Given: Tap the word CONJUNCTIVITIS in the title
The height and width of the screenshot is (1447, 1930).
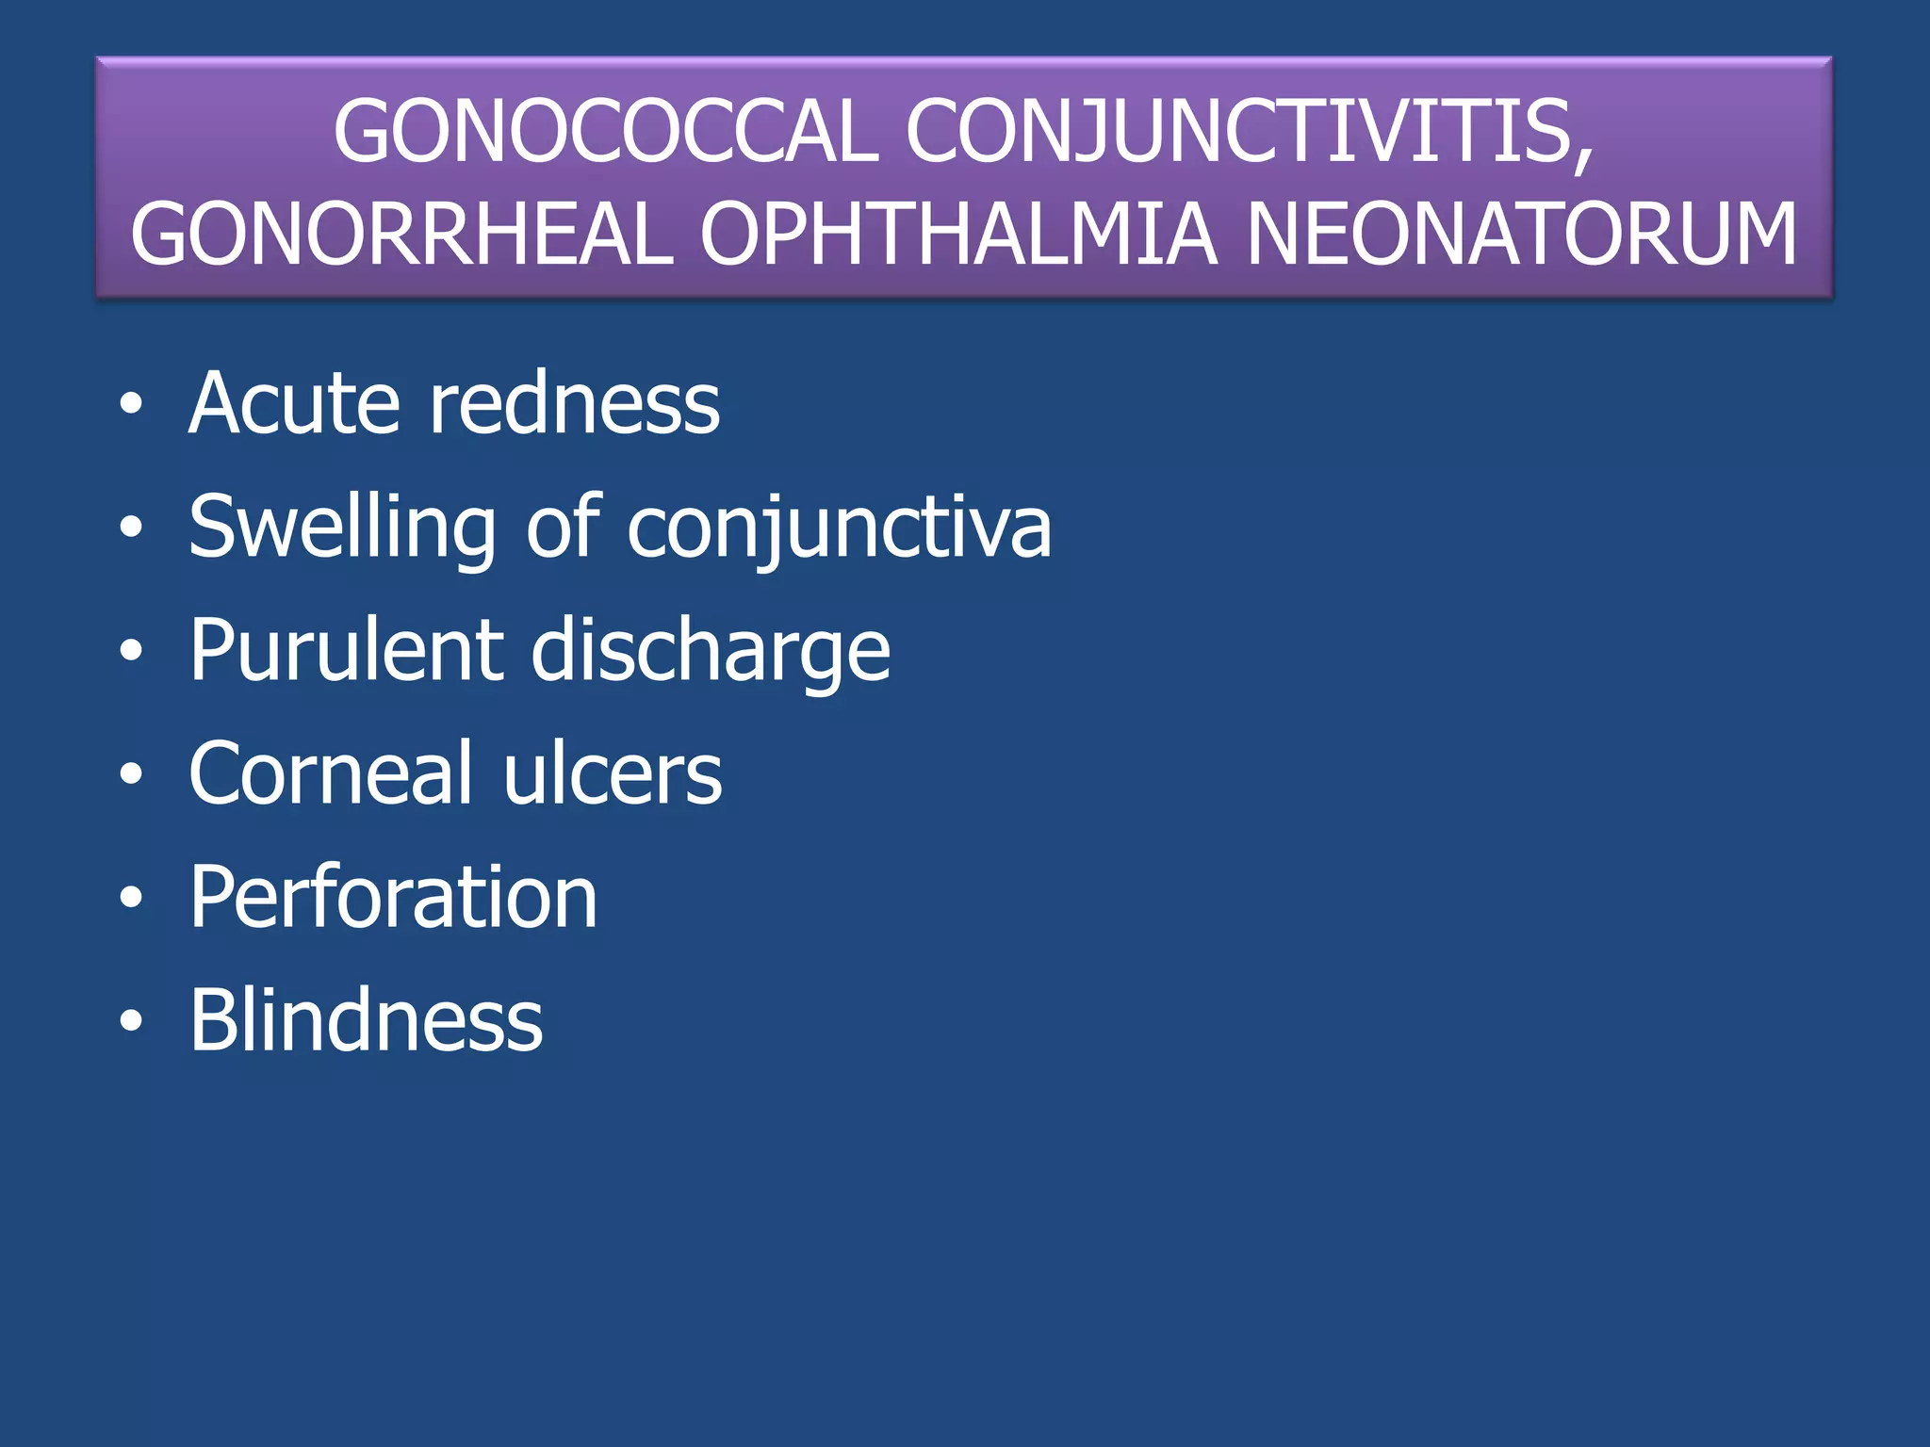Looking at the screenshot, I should point(1250,132).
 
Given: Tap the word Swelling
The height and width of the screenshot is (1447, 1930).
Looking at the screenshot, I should point(342,528).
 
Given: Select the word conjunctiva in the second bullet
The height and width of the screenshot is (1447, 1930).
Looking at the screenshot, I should point(839,528).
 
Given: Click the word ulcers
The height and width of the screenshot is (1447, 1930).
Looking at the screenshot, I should point(613,773).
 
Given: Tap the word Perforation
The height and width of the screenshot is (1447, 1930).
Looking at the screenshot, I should point(393,898).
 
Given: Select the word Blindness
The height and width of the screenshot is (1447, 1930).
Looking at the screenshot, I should point(366,1020).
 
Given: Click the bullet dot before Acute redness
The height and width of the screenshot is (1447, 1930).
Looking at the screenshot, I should point(131,405).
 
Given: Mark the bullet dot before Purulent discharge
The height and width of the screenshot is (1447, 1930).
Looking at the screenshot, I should point(131,651).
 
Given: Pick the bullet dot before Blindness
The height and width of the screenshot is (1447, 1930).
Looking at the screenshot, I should point(131,1021).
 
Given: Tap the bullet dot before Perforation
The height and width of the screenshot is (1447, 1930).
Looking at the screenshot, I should point(131,898).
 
